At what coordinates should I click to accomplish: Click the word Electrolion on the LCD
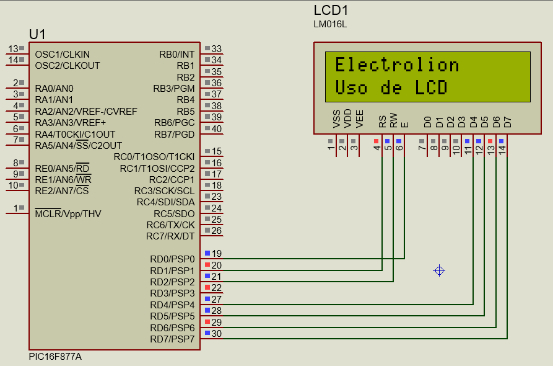click(397, 65)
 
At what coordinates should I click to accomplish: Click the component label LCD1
click(331, 11)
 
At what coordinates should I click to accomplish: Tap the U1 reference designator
click(37, 33)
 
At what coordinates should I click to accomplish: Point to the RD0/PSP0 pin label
click(172, 259)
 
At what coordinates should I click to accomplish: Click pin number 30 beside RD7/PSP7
click(217, 334)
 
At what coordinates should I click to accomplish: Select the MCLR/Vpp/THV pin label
click(68, 214)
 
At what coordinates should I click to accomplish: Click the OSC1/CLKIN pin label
click(63, 55)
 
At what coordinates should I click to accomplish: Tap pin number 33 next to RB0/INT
click(217, 49)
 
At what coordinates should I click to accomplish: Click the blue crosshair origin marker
click(439, 270)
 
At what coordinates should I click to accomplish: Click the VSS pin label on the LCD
click(336, 119)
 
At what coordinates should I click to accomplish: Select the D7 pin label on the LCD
click(507, 122)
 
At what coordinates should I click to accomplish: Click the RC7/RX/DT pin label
click(170, 236)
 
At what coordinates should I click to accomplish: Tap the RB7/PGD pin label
click(175, 134)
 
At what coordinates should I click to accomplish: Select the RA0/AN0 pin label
click(54, 88)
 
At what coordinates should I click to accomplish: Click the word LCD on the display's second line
click(431, 87)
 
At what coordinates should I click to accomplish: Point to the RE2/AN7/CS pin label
click(62, 191)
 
